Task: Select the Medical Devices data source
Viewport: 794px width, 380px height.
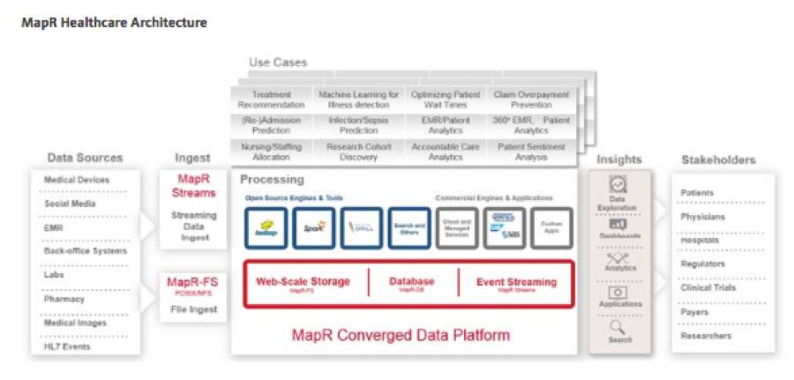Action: coord(77,180)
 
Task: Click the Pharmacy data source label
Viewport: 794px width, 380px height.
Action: coord(64,298)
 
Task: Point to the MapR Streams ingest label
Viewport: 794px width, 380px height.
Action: coord(193,184)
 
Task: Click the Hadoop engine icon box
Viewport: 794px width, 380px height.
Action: coord(267,227)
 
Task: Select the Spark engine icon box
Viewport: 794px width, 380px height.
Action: coord(314,227)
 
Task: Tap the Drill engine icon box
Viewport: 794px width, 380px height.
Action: coord(362,227)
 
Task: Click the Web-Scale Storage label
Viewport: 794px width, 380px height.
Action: coord(303,282)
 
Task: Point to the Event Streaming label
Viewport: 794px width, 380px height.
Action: coord(517,282)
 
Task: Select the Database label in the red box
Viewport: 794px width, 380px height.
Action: coord(412,282)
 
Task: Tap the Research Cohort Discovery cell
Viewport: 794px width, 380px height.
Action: coord(357,152)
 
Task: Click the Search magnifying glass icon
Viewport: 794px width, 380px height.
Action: coord(620,327)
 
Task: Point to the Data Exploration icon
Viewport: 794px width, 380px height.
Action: coord(619,185)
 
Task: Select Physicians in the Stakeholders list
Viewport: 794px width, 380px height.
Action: coord(703,216)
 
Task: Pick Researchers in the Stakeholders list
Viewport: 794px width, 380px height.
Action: coord(706,336)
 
